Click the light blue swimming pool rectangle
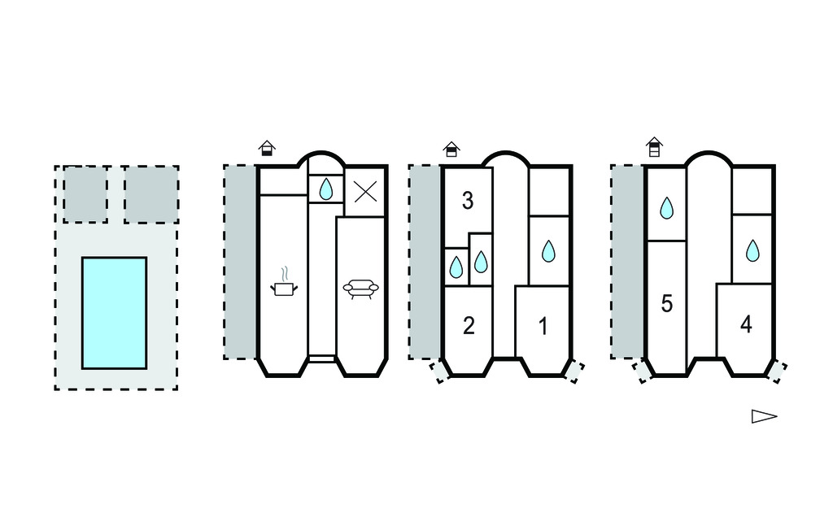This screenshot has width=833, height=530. coord(114,312)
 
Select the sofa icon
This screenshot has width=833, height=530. coord(360,289)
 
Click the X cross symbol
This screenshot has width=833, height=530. coord(365,192)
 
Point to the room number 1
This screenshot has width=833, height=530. coord(543,326)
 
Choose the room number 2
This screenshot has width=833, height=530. coord(468,326)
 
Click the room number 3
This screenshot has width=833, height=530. coord(468,201)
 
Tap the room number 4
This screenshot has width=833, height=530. coord(746,324)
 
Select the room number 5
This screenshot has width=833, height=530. coord(666,304)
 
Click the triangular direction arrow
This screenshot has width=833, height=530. coord(763,416)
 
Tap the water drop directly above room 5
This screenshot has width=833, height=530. coord(666,208)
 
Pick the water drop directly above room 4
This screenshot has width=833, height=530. coord(752,251)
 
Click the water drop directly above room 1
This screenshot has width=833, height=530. coord(548,251)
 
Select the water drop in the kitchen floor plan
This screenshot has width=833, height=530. coord(325,189)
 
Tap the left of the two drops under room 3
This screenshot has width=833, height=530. coord(456,267)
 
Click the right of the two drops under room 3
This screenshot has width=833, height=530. coord(481,261)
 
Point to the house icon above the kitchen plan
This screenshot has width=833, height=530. coord(266,148)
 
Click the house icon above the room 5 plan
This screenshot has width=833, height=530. coord(653,147)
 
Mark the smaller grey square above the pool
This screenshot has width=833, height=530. coord(85,193)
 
